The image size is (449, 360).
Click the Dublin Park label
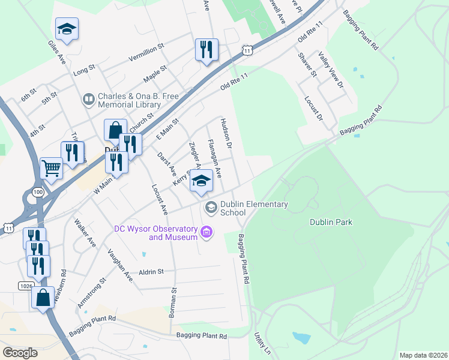[x=331, y=222]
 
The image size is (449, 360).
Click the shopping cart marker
[x=51, y=168]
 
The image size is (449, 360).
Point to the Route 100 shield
[x=38, y=191]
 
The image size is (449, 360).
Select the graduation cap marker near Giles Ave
[x=67, y=28]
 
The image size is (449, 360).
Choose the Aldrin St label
[x=151, y=272]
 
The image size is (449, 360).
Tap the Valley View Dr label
[x=331, y=71]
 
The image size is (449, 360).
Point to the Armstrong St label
[x=91, y=293]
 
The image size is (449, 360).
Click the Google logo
[x=20, y=353]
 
